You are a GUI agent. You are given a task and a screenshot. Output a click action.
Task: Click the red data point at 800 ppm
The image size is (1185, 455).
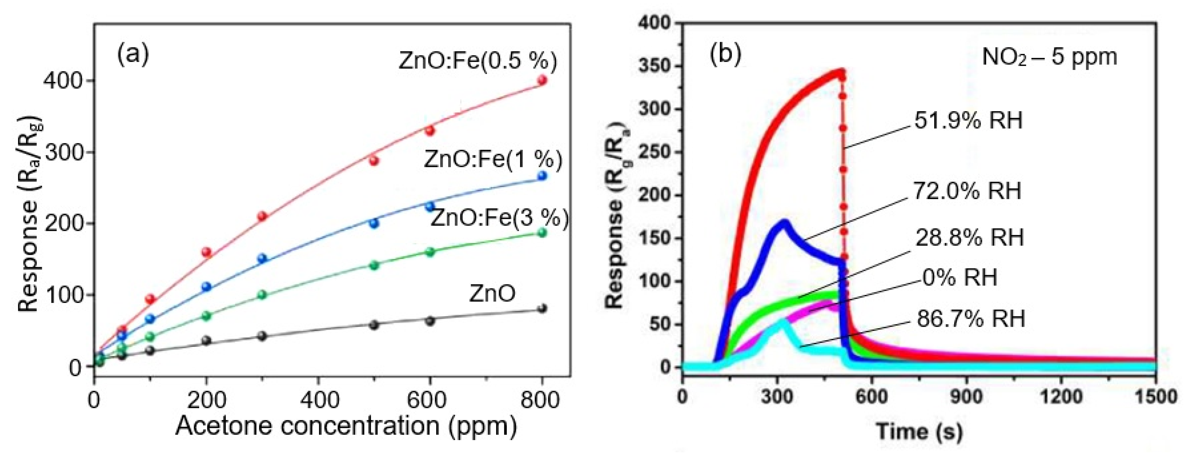point(542,80)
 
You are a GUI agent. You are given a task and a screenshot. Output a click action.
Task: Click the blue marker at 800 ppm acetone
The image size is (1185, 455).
point(542,175)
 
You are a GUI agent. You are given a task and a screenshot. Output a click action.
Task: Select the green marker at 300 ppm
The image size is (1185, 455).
point(262,294)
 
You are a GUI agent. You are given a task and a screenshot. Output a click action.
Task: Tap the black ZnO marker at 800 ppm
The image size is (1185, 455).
point(542,308)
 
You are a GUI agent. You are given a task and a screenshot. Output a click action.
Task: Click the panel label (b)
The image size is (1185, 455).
point(726,54)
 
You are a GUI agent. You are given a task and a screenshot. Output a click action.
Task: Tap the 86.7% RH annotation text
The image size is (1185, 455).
point(971,318)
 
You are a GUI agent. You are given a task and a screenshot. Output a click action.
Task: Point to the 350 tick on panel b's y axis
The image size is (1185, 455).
point(656,66)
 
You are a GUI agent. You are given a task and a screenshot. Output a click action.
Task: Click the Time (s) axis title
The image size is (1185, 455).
point(919,431)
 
